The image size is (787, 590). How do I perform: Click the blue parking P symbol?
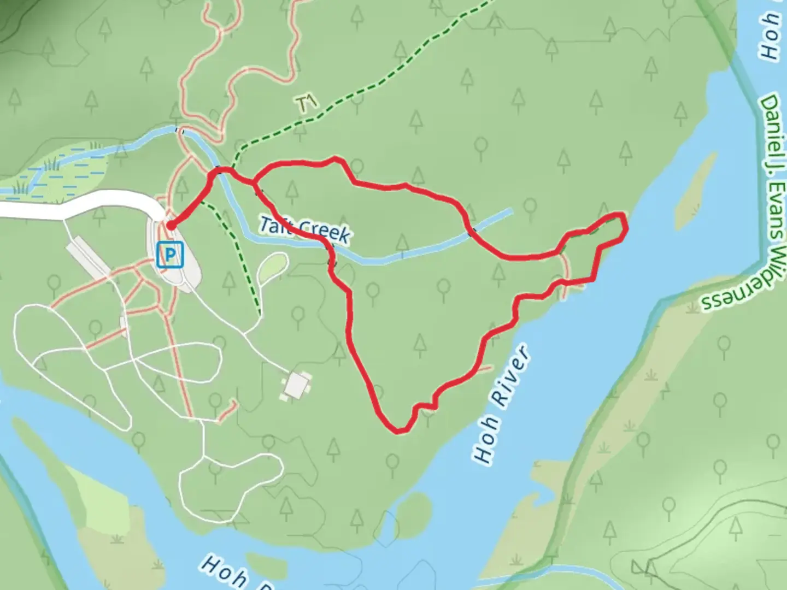170,255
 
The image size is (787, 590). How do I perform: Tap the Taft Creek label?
304,229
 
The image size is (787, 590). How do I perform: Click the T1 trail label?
307,103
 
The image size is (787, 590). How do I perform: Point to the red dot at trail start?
171,225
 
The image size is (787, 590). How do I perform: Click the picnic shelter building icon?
297,386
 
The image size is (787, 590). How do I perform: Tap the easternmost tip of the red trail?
625,225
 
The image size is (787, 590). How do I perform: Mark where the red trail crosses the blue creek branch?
472,233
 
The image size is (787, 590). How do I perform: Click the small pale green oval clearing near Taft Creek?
273,267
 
